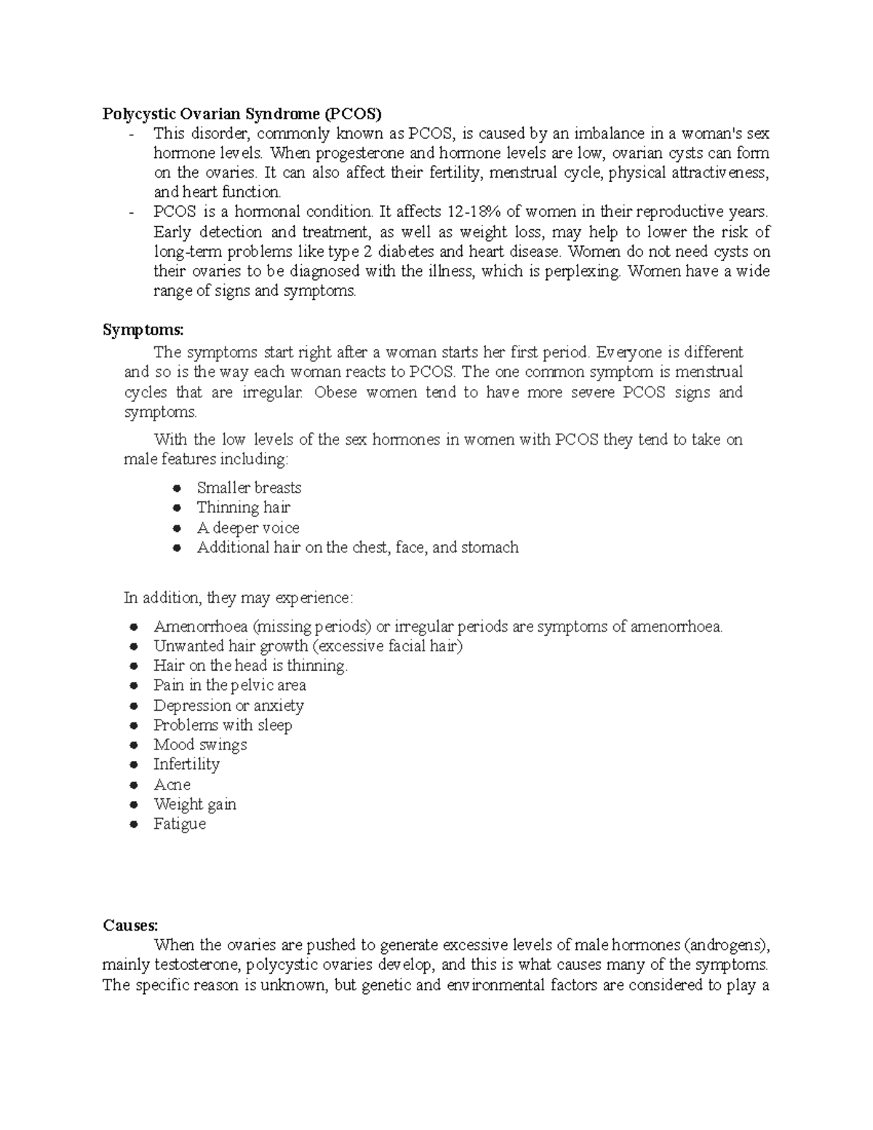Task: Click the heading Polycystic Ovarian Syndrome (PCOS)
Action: [x=242, y=114]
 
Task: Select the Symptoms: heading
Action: [x=143, y=330]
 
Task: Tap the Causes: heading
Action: [x=130, y=926]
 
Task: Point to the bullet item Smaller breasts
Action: [x=249, y=488]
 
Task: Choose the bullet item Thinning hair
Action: [x=243, y=508]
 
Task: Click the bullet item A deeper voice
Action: [x=248, y=528]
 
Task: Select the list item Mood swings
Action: [x=200, y=744]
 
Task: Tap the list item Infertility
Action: [x=186, y=764]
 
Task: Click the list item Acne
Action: [x=172, y=784]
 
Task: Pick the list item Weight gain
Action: [x=194, y=804]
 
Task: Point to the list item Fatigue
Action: [x=179, y=824]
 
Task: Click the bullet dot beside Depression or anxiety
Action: [x=133, y=706]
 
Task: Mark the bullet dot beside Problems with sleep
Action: [x=133, y=725]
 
